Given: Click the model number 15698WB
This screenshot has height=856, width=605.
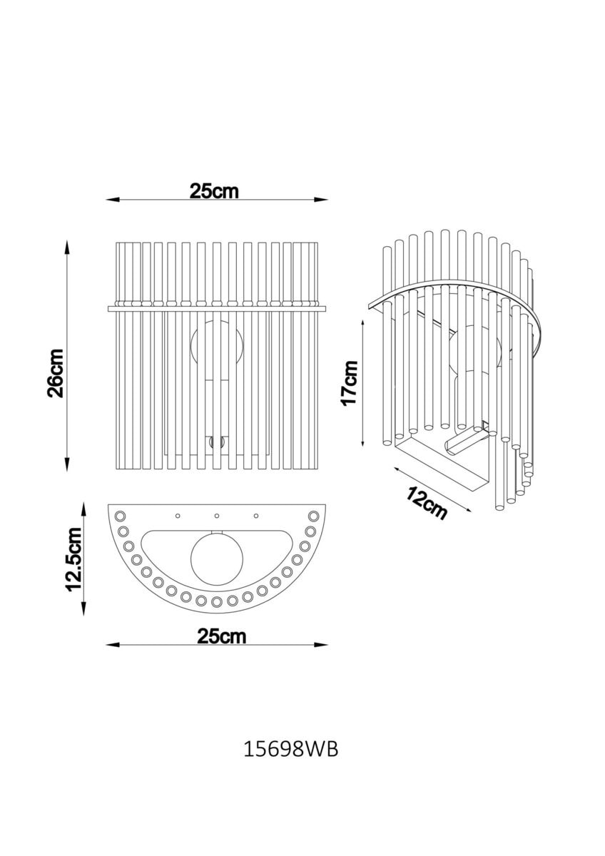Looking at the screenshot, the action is click(x=291, y=750).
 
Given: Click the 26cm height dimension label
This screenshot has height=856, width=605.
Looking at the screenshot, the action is click(x=55, y=373).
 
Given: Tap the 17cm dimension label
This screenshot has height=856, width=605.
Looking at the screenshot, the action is click(x=350, y=383).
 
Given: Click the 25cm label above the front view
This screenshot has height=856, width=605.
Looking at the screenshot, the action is click(x=214, y=191).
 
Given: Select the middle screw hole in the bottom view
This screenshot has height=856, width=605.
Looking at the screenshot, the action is click(x=217, y=516).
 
